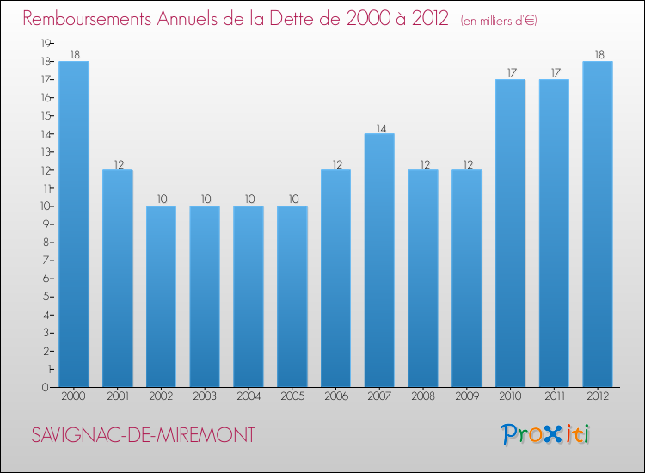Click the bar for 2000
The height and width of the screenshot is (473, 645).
coord(74,224)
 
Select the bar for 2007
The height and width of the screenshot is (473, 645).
coord(379,260)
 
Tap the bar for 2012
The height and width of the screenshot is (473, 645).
coord(598,224)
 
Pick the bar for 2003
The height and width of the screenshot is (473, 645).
coord(205,296)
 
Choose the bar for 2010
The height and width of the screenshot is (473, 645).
coord(510,233)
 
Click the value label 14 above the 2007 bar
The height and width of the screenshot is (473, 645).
coord(379,128)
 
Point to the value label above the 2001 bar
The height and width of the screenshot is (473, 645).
coord(118,164)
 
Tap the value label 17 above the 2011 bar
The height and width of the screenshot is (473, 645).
coord(554,74)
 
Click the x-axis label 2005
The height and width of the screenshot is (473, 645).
coord(292,396)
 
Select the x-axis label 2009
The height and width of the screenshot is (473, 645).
coord(466,396)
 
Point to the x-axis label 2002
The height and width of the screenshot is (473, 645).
coord(161,396)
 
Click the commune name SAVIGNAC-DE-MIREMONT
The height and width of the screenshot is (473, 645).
coord(143,435)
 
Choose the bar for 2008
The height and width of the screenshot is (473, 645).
coord(423,278)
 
